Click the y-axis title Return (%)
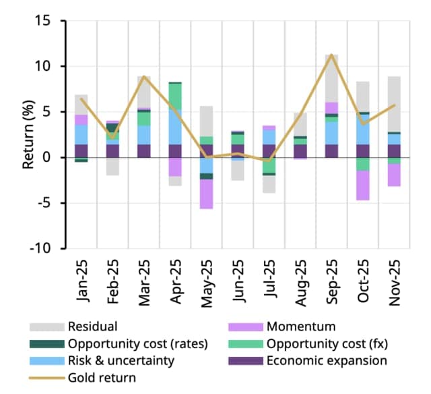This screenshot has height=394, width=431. pos(30,135)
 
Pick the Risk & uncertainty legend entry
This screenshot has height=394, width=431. pos(119,360)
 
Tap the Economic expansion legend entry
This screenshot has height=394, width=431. pos(327,360)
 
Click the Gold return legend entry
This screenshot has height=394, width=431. pos(102,377)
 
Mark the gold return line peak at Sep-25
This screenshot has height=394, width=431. pos(331,55)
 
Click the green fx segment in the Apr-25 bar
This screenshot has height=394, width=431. pos(175,96)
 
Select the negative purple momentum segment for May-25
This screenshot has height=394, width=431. pos(206,194)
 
